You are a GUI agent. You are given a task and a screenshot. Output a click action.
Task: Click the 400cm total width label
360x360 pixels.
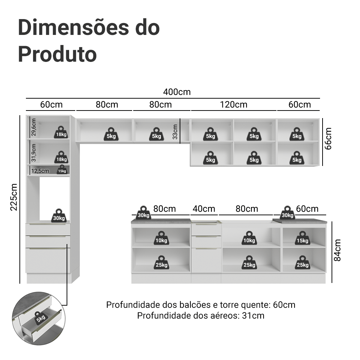177,92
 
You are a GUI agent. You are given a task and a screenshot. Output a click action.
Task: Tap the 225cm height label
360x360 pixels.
14,197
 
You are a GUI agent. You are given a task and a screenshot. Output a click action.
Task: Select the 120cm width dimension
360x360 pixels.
234,105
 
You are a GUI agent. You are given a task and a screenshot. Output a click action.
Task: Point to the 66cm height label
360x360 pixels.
328,139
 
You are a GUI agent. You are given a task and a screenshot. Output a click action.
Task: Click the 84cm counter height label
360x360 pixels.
337,250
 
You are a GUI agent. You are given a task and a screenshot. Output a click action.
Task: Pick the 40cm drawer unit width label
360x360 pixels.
204,209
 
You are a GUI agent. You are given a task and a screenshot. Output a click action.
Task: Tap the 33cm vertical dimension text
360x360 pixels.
175,132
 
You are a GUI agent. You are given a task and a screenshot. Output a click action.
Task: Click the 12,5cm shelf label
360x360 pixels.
40,171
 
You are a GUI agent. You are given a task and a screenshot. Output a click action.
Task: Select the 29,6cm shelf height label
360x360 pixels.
33,127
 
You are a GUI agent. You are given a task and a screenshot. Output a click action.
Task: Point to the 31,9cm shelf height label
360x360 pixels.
33,153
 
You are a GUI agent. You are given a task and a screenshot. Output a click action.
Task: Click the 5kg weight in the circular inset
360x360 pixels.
41,318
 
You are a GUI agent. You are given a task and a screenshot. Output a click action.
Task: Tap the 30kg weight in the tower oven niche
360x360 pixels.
59,216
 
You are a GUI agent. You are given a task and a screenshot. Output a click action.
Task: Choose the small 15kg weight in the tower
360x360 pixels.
62,170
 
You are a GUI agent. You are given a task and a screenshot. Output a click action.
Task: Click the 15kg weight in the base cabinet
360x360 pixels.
302,238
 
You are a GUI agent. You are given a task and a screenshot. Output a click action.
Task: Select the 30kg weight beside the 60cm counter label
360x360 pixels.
287,213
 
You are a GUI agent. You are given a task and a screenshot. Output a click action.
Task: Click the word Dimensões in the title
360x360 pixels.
73,28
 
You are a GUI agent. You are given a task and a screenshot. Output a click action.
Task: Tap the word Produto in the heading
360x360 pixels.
57,54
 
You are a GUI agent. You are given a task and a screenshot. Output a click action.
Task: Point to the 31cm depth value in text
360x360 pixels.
253,316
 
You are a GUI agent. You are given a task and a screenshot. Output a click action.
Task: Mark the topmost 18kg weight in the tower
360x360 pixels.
61,132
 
